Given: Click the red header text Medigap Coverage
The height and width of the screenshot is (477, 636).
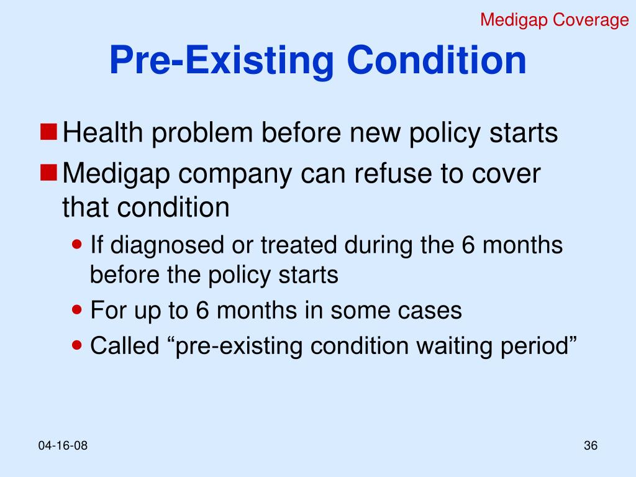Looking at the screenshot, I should click(555, 20).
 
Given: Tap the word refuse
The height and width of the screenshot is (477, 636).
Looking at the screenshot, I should click(383, 175).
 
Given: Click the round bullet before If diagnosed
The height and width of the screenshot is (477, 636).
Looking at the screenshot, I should click(78, 245).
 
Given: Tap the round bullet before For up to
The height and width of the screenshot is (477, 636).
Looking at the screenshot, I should click(78, 309).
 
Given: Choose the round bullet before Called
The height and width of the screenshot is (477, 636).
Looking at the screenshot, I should click(78, 345).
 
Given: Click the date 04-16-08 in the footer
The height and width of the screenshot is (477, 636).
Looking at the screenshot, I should click(63, 446).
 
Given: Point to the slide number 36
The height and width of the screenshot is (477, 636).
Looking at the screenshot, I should click(590, 446).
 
